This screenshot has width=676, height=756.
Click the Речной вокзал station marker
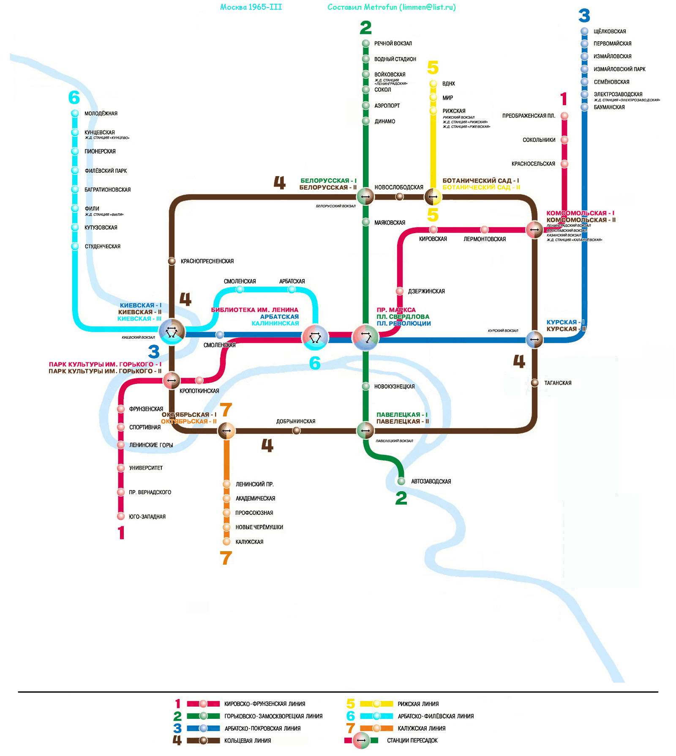(x=366, y=44)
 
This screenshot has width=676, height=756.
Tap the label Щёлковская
(x=610, y=32)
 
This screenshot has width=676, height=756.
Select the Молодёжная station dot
(x=75, y=113)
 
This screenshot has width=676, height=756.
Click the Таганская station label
(x=558, y=383)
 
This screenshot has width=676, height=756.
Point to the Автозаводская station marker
(x=401, y=481)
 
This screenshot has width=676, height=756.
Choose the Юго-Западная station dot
(x=121, y=517)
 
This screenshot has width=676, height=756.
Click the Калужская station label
(x=249, y=542)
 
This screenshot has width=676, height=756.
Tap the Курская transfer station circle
(x=534, y=339)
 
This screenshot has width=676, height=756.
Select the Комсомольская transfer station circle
(x=534, y=230)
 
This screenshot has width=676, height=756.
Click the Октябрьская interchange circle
(x=226, y=431)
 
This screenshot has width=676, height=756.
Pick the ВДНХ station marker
(x=433, y=84)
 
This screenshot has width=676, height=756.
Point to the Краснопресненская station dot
(x=172, y=261)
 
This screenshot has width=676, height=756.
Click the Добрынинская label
(x=296, y=422)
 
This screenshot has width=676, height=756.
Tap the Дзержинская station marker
(x=400, y=291)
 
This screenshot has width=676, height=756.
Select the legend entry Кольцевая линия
(x=248, y=740)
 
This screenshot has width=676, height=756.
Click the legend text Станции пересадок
(x=412, y=740)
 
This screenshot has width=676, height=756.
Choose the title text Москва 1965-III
(x=251, y=7)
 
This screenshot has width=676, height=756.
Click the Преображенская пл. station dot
(x=564, y=116)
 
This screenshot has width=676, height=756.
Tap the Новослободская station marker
(x=399, y=196)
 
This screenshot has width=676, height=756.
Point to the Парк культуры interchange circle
(x=172, y=380)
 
